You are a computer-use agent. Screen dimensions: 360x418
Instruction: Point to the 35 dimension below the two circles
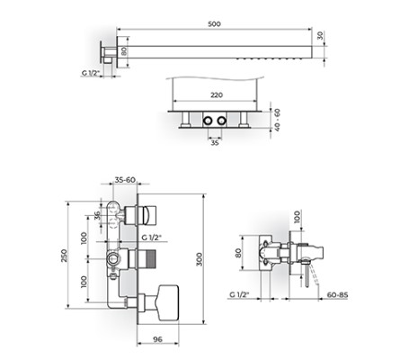(214, 141)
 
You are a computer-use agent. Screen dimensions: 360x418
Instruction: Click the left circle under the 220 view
(208, 120)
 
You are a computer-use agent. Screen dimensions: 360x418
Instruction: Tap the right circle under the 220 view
(220, 120)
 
